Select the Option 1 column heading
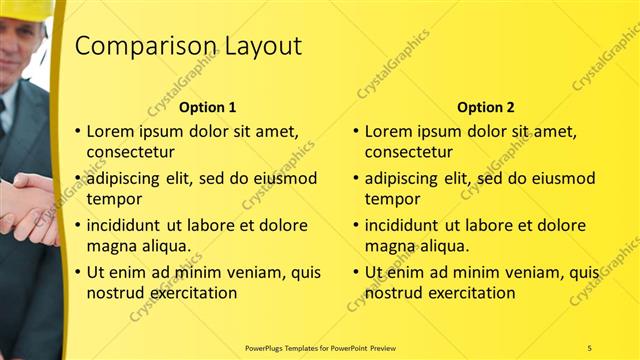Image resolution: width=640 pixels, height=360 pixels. click(x=208, y=107)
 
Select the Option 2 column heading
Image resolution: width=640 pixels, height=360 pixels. click(x=486, y=107)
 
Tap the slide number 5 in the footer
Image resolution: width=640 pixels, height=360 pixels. click(x=589, y=348)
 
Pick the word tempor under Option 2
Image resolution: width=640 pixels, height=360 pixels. click(x=392, y=198)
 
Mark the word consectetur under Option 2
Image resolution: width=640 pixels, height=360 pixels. click(x=409, y=152)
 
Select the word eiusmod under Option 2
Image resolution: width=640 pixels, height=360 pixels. click(x=560, y=179)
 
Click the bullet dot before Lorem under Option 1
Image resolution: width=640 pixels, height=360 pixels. click(x=78, y=131)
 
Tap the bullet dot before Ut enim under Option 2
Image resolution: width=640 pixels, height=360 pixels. click(x=355, y=272)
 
